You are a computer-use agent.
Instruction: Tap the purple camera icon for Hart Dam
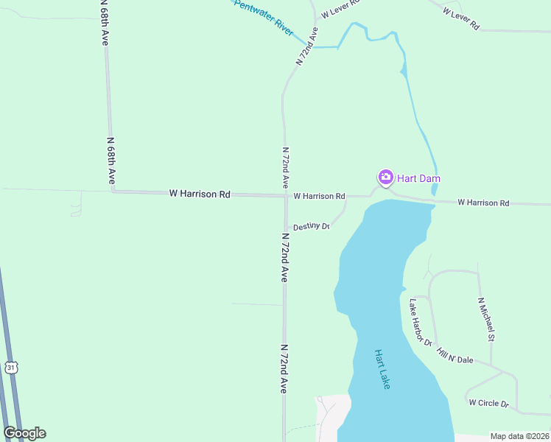click(385, 178)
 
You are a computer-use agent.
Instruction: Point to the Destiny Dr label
click(310, 227)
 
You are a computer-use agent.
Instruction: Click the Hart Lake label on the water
click(382, 369)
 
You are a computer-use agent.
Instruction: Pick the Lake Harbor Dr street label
click(420, 322)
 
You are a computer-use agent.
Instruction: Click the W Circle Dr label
click(488, 404)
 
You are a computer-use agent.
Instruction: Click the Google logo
click(24, 433)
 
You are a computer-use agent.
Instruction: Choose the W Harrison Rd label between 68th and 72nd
click(200, 194)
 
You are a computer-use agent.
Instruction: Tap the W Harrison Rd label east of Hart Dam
click(483, 203)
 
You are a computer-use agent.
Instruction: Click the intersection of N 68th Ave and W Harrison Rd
click(113, 191)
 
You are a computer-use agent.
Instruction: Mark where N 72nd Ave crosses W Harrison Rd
click(285, 196)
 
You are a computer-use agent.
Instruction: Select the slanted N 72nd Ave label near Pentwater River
click(307, 47)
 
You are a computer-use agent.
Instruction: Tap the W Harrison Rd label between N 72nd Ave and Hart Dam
click(319, 197)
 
